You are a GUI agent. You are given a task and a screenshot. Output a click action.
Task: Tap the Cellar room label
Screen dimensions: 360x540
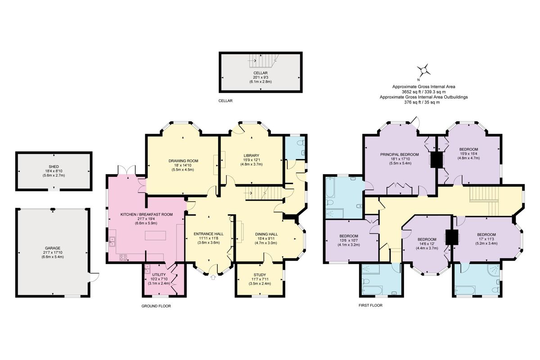[x=260, y=73]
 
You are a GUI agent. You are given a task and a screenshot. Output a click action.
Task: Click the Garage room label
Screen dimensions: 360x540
[x=53, y=247]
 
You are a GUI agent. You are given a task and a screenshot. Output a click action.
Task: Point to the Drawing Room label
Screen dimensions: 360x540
[x=183, y=161]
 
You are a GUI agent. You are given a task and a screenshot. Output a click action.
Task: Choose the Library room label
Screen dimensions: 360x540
[x=251, y=155]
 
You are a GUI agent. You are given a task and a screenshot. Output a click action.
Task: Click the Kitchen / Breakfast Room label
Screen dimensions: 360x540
[x=147, y=215]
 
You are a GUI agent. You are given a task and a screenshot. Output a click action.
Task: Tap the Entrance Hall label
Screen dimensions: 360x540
[x=208, y=234]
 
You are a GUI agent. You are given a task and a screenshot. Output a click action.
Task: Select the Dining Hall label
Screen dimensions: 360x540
[x=266, y=234]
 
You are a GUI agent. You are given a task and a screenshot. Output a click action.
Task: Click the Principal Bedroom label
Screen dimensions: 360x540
[x=399, y=154]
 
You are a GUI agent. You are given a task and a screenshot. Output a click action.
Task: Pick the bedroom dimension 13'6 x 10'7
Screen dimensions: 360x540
[x=349, y=241]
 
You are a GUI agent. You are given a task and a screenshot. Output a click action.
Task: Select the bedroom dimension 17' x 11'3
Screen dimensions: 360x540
[x=486, y=239]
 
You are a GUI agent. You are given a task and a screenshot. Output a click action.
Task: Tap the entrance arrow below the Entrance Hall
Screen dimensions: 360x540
[x=212, y=278]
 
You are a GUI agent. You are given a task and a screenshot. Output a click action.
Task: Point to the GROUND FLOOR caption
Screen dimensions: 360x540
[x=156, y=306]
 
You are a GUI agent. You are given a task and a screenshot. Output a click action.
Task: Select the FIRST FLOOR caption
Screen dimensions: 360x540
[x=371, y=305]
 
